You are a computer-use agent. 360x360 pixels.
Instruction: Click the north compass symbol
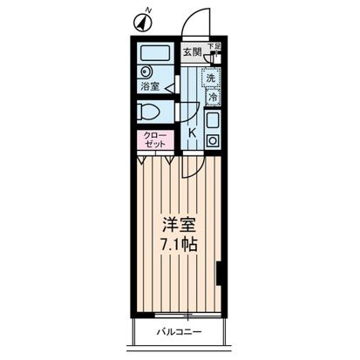[x=144, y=17]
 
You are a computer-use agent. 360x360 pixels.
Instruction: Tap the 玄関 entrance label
[x=191, y=51]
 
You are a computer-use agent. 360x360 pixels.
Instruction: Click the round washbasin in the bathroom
[x=146, y=72]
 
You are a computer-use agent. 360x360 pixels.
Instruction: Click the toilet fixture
[x=152, y=112]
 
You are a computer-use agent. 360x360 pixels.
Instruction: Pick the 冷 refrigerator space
[x=210, y=98]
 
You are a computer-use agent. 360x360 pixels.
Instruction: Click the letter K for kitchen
[x=192, y=132]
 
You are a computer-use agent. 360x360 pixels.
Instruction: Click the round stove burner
[x=214, y=139]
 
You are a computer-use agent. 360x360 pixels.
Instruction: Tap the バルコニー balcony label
[x=180, y=331]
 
